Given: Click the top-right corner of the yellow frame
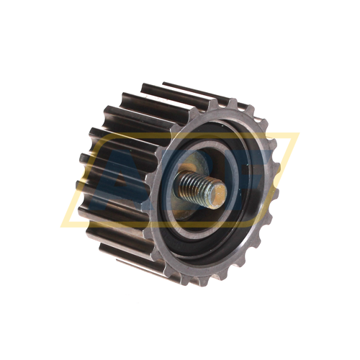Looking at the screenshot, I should (x=297, y=134).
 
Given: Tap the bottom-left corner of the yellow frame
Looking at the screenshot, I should (x=63, y=225).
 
